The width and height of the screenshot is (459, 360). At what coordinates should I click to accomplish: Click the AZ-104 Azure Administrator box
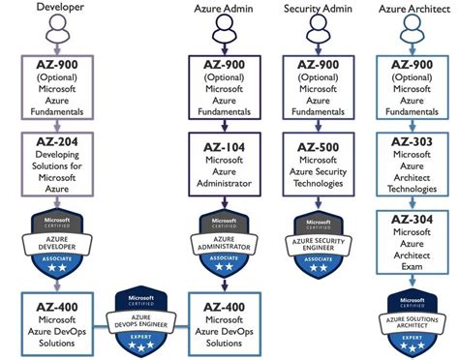226,162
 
